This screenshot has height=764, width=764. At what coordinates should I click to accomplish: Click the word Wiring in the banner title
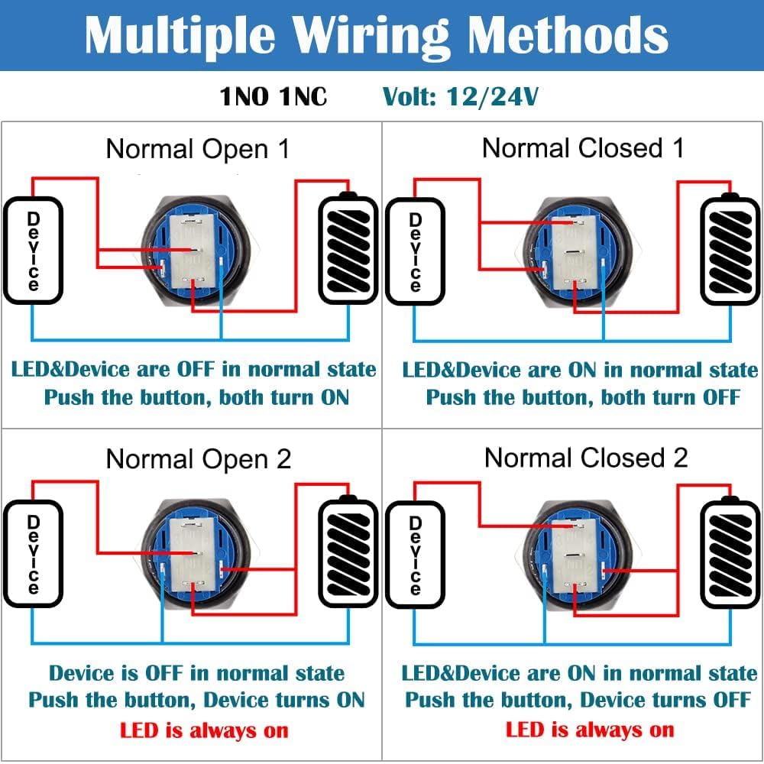tap(374, 34)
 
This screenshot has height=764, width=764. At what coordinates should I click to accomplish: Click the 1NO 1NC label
tap(274, 97)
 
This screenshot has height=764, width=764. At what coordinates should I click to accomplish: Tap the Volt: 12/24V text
tap(461, 97)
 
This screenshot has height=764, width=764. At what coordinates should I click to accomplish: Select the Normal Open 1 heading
tap(198, 149)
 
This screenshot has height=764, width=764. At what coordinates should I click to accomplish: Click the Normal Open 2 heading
tap(199, 459)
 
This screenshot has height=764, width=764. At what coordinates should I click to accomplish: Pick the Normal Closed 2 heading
tap(586, 458)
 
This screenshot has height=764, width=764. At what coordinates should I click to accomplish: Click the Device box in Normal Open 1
tap(33, 251)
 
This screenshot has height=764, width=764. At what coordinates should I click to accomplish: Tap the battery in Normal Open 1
tap(348, 249)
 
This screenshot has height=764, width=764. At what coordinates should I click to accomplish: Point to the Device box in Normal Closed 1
tap(415, 251)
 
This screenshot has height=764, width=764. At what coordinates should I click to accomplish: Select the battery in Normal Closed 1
tap(731, 249)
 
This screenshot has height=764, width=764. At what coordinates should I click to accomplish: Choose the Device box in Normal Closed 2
tap(415, 555)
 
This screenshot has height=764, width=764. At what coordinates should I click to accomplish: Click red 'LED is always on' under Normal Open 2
tap(204, 730)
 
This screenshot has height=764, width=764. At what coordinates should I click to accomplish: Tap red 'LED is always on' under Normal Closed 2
tap(590, 730)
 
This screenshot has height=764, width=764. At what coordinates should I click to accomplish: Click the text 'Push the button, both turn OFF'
tap(583, 397)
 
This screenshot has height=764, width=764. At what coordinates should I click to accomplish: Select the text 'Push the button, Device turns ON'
tap(196, 700)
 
